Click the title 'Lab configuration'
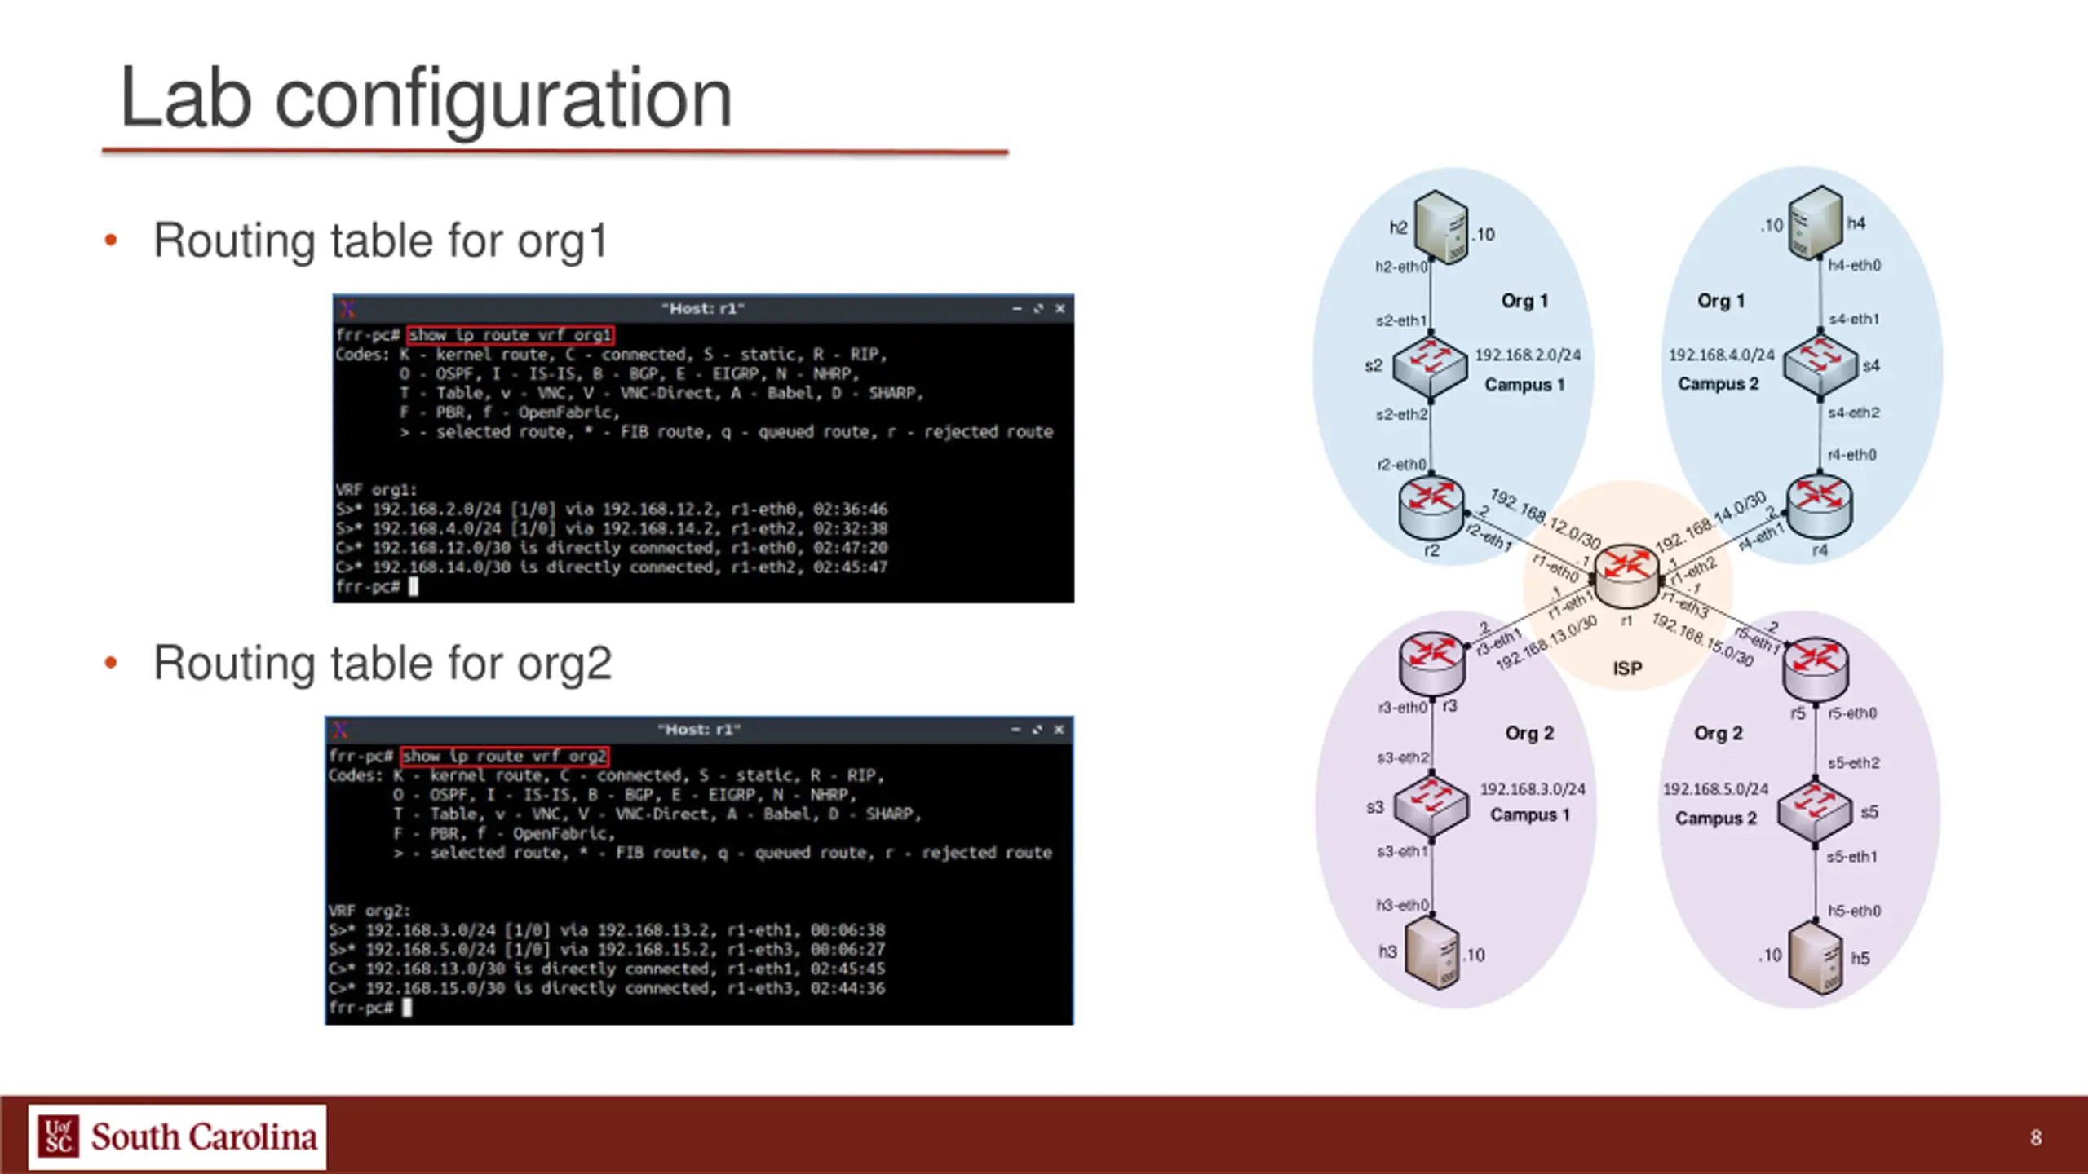[426, 99]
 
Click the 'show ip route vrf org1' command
[510, 335]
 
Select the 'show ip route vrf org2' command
[505, 757]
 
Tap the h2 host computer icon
[1441, 227]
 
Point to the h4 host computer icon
[1815, 222]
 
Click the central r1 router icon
[1626, 574]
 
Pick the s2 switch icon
[1430, 366]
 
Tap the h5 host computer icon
[1815, 956]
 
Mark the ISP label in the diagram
[1627, 669]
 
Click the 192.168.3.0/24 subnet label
[1533, 789]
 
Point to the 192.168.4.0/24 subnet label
[1721, 355]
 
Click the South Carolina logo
[177, 1136]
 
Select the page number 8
[2036, 1137]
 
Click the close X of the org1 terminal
[1060, 309]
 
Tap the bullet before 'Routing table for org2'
[111, 663]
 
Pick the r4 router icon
[1819, 506]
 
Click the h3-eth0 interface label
[1402, 905]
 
